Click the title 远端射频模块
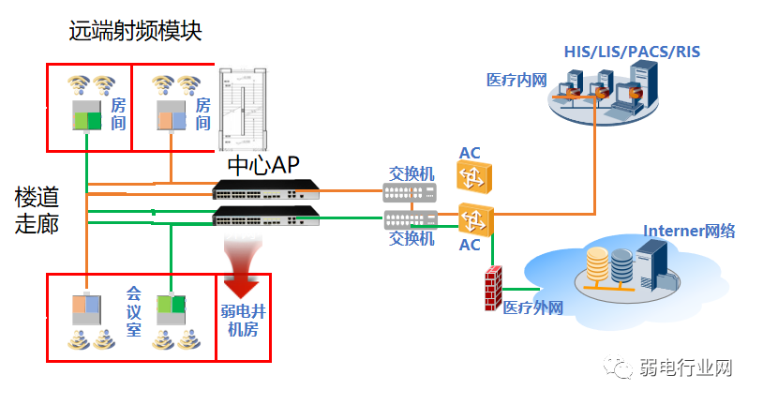[136, 31]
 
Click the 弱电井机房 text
[243, 320]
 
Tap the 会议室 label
[134, 311]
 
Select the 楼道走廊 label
[37, 210]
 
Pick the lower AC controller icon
[475, 220]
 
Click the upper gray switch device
[409, 193]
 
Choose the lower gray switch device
[409, 220]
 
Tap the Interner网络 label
[689, 232]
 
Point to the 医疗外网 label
[532, 307]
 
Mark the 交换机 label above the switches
[412, 173]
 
